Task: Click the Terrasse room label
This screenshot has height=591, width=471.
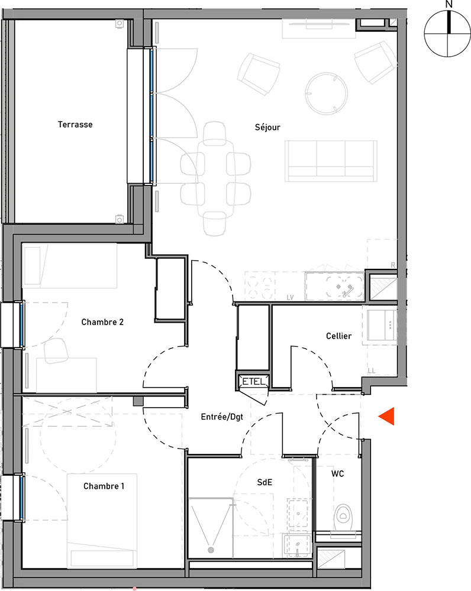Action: (x=75, y=124)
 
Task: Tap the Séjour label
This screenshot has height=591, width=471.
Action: (x=267, y=128)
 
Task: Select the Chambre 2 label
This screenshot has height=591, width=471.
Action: (x=102, y=322)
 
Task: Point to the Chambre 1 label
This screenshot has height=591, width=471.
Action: (x=104, y=486)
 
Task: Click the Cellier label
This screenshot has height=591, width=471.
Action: (x=338, y=336)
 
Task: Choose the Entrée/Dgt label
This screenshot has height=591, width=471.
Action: (x=222, y=417)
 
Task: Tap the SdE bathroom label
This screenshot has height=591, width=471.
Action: (x=264, y=482)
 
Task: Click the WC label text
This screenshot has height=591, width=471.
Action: (x=338, y=473)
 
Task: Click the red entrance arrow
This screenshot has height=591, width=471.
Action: (x=388, y=416)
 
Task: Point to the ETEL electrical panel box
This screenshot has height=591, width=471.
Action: (x=254, y=381)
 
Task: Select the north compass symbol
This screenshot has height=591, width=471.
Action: (x=447, y=34)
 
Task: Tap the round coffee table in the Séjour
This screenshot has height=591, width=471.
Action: (x=326, y=93)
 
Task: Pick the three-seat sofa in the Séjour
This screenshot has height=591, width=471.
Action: (x=331, y=161)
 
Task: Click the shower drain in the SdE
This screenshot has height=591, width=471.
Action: (x=211, y=550)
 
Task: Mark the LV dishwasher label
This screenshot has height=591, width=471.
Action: (x=290, y=297)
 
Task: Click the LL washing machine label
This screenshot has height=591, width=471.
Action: (x=372, y=371)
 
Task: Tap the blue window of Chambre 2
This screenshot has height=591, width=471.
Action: (x=21, y=324)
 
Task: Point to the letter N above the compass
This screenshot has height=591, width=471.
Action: (x=449, y=4)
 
